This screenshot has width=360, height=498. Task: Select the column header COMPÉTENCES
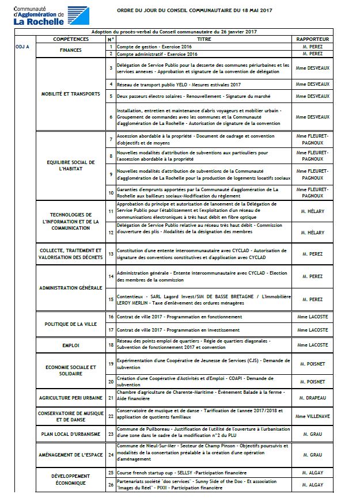pyautogui.click(x=70, y=39)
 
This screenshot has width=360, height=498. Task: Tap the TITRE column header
pyautogui.click(x=204, y=39)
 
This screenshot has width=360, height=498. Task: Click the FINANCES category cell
pyautogui.click(x=70, y=50)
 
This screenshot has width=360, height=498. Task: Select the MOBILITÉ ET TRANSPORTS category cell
pyautogui.click(x=70, y=94)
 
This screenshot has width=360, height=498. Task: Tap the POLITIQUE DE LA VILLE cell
pyautogui.click(x=70, y=324)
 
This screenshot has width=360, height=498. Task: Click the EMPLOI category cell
pyautogui.click(x=70, y=345)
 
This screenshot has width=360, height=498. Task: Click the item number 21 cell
pyautogui.click(x=111, y=397)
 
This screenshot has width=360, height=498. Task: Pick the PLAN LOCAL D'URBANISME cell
pyautogui.click(x=70, y=434)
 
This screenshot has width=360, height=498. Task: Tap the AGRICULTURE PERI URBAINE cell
pyautogui.click(x=70, y=398)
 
